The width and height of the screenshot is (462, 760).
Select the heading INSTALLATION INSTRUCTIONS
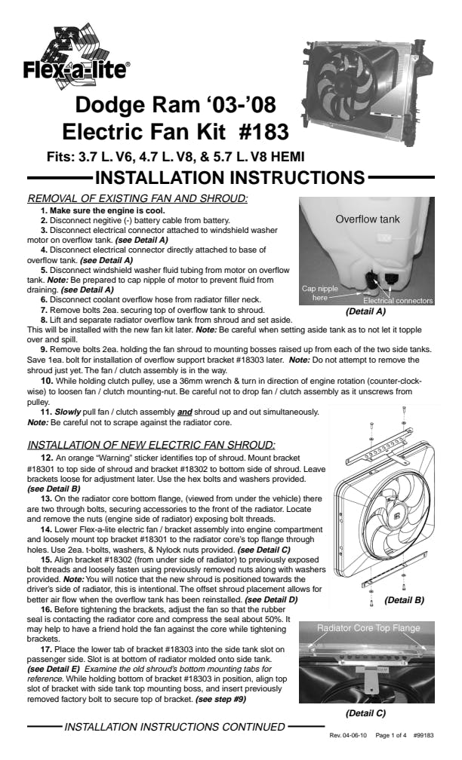coord(230,179)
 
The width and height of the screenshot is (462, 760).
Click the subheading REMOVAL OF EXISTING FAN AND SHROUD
coord(137,198)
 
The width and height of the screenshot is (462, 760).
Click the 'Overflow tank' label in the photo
coord(368,219)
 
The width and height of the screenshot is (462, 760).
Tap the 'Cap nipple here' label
coord(320,293)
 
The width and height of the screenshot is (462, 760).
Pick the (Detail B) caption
coord(404,600)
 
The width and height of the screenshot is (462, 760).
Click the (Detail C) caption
coord(366,712)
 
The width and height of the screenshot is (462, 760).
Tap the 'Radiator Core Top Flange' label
coord(368,627)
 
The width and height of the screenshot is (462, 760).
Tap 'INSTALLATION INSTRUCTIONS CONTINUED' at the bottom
coord(175,728)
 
